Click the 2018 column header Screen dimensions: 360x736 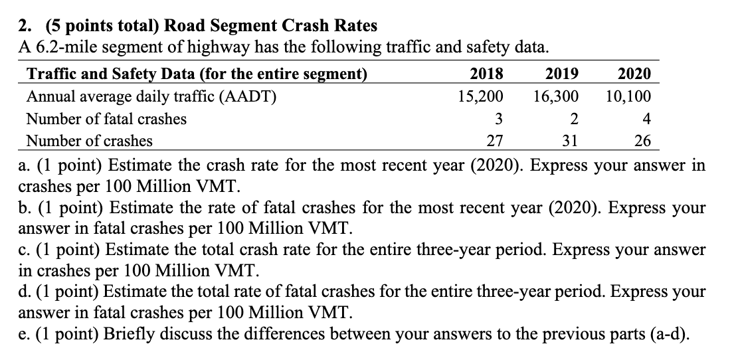[x=486, y=74]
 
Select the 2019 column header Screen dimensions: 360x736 [x=561, y=74]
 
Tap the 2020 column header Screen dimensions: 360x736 [x=634, y=74]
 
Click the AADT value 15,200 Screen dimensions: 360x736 [x=480, y=96]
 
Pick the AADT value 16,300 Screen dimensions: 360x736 [x=555, y=96]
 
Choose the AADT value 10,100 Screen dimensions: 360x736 [x=628, y=96]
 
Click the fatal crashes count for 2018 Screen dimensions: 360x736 [x=498, y=120]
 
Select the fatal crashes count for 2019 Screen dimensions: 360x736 [x=574, y=120]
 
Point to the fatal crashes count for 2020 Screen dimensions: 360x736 [x=647, y=120]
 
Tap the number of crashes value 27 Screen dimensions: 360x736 [x=495, y=141]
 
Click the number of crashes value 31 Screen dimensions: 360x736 [x=570, y=141]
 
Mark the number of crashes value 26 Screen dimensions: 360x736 [x=643, y=141]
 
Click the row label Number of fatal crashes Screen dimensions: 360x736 [x=106, y=120]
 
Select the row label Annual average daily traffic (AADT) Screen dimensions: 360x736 [x=151, y=96]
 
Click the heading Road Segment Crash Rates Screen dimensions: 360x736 [x=270, y=26]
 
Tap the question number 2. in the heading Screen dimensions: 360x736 [x=25, y=26]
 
